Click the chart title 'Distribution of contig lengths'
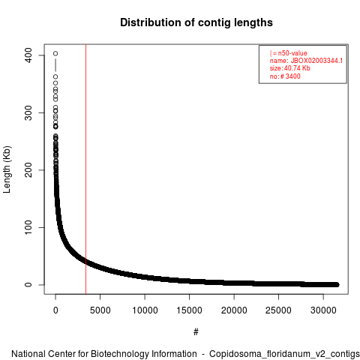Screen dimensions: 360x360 tap(196, 22)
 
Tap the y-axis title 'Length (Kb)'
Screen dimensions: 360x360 tap(7, 169)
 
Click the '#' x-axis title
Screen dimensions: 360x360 tap(196, 332)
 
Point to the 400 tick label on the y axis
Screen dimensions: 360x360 tap(28, 55)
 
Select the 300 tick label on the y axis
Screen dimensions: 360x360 tap(28, 112)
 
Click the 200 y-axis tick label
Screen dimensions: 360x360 tap(28, 170)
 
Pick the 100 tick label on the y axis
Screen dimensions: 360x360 tap(28, 227)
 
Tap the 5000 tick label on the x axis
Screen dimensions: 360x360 tap(100, 310)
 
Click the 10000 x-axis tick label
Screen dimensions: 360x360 tap(145, 310)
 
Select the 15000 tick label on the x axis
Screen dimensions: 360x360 tap(189, 310)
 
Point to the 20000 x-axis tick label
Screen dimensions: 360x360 tap(234, 310)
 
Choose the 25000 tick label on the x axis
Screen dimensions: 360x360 tap(278, 310)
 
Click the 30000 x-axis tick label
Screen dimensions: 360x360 tap(323, 310)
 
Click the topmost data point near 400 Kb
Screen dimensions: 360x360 tap(55, 53)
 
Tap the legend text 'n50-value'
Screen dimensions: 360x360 tap(292, 53)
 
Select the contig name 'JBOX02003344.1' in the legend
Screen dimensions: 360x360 tap(316, 61)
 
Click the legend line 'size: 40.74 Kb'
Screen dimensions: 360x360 tap(290, 68)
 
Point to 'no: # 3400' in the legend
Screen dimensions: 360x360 tap(285, 76)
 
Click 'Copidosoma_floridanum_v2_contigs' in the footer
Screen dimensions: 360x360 tap(284, 354)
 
